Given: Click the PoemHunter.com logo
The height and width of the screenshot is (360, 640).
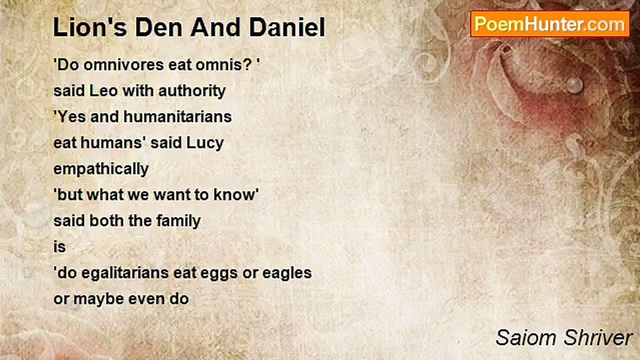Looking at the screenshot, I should [x=549, y=24].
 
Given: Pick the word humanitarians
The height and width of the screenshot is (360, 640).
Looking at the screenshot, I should [x=177, y=116].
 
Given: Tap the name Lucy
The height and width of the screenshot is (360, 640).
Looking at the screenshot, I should [x=205, y=143].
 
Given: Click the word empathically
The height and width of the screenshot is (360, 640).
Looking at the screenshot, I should [x=101, y=169].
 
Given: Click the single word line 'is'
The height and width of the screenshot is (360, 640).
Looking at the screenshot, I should [x=59, y=246].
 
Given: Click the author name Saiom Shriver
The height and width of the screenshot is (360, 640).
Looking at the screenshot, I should [x=563, y=338].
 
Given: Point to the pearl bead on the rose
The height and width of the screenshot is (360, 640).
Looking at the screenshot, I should [x=574, y=84].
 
